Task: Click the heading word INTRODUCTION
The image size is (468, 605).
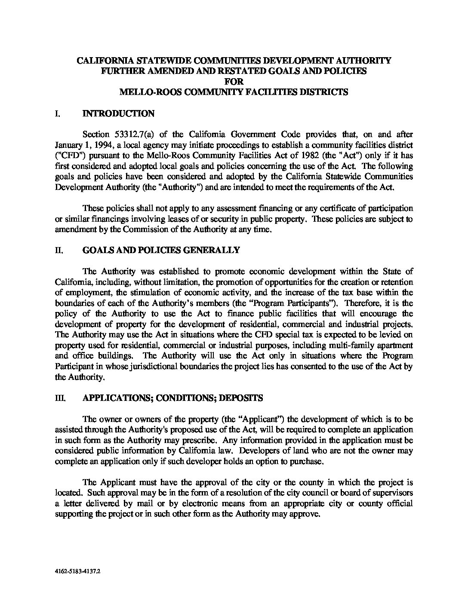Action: [x=118, y=114]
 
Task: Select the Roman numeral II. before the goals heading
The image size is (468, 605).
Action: [x=59, y=251]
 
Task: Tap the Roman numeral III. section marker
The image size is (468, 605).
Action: [x=60, y=398]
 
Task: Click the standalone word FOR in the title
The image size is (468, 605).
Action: [x=234, y=82]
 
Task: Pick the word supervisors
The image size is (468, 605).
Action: [x=391, y=493]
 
